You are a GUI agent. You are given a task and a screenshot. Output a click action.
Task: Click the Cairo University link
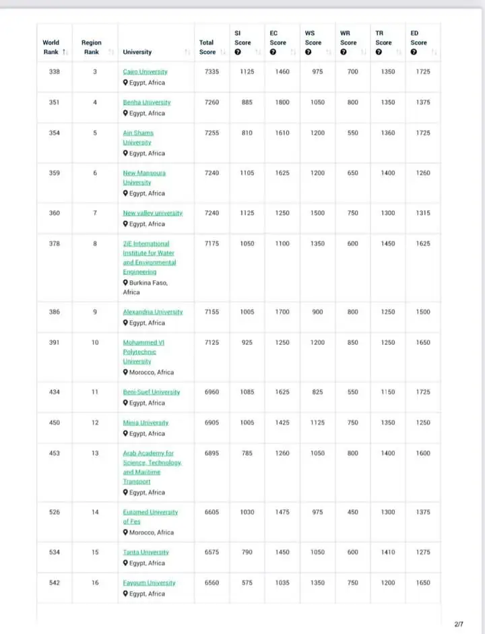145,71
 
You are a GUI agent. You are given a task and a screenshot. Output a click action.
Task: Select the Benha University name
146,102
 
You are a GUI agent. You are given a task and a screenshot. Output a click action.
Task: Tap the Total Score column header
207,47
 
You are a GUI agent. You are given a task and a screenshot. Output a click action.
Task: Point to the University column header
137,52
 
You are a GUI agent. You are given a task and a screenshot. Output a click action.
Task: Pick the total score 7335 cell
212,71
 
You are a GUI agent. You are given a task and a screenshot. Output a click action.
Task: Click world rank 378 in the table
55,243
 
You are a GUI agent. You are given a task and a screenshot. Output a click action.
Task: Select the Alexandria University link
152,312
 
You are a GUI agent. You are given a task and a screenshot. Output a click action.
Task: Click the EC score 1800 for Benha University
282,102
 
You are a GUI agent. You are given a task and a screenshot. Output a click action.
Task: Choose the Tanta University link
145,552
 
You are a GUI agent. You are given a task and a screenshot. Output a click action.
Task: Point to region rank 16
95,583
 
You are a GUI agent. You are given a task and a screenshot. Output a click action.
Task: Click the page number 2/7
459,625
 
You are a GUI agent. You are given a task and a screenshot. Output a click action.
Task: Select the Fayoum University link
149,583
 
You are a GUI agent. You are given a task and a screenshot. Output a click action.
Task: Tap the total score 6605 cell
212,512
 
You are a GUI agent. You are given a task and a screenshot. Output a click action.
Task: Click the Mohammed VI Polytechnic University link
143,352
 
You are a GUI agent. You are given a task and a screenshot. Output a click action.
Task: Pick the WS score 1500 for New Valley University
314,213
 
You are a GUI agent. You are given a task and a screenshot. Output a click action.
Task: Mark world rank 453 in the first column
55,453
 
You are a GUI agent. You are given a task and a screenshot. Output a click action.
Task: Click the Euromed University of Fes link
150,517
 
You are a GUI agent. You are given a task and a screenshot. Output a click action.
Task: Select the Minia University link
145,422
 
